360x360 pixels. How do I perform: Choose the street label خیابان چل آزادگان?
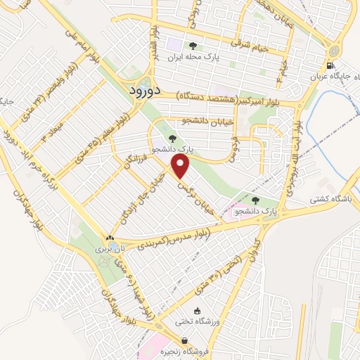(x=146, y=198)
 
